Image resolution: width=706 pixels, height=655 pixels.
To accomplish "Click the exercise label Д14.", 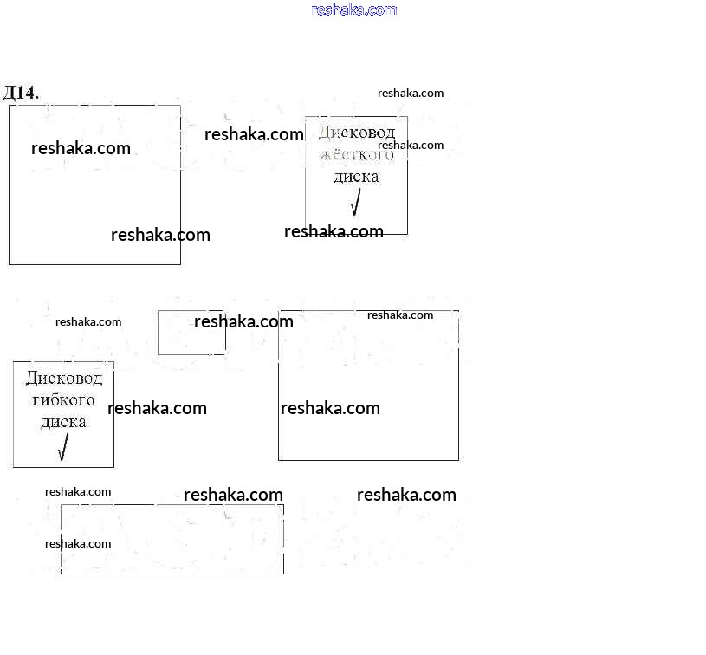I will pyautogui.click(x=21, y=93).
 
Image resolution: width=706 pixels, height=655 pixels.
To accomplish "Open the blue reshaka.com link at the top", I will pyautogui.click(x=353, y=10).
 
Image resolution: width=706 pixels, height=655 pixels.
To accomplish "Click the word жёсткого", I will pyautogui.click(x=356, y=155).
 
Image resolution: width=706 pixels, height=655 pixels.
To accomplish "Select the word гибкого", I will pyautogui.click(x=63, y=400).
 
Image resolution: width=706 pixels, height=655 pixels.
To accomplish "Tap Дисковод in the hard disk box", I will pyautogui.click(x=356, y=133).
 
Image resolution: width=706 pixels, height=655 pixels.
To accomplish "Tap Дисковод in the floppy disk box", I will pyautogui.click(x=63, y=379).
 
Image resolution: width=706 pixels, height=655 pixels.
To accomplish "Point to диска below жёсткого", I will pyautogui.click(x=356, y=177).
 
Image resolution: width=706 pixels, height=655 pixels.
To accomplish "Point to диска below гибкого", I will pyautogui.click(x=63, y=422).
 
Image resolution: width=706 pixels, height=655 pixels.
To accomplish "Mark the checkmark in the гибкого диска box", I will pyautogui.click(x=62, y=448).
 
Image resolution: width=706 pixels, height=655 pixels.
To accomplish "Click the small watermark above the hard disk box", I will pyautogui.click(x=411, y=94).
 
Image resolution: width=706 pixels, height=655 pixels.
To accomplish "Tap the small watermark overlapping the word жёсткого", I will pyautogui.click(x=411, y=146).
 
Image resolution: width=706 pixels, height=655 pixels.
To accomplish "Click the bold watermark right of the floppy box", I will pyautogui.click(x=157, y=408).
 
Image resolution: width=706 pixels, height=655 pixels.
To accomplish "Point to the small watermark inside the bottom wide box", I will pyautogui.click(x=78, y=543).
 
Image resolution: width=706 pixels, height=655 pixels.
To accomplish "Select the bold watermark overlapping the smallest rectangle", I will pyautogui.click(x=243, y=321).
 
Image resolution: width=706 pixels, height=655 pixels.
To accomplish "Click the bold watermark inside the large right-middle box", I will pyautogui.click(x=330, y=408).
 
